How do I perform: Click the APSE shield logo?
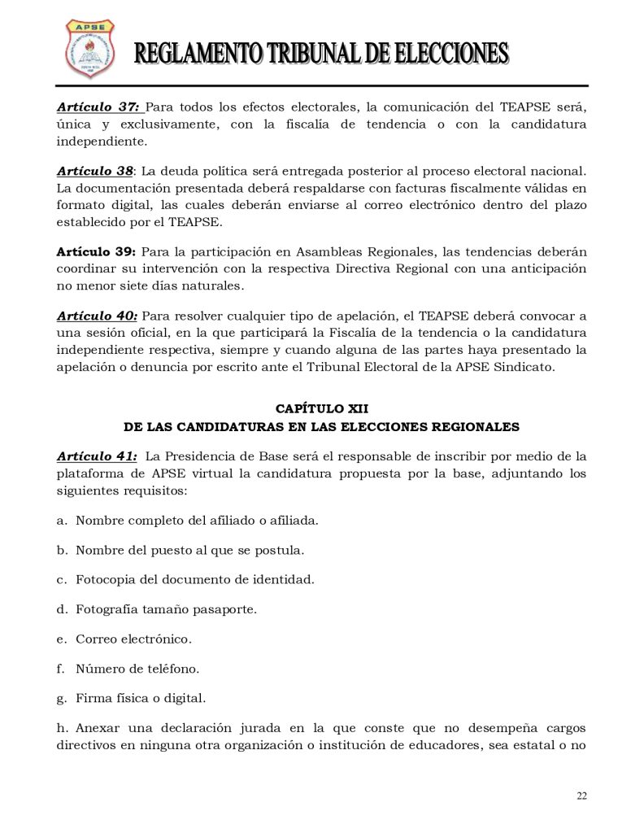point(89,50)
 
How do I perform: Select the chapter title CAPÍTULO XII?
point(322,409)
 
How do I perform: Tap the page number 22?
point(581,796)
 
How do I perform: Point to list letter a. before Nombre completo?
point(62,520)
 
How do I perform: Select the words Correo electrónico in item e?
point(133,639)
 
